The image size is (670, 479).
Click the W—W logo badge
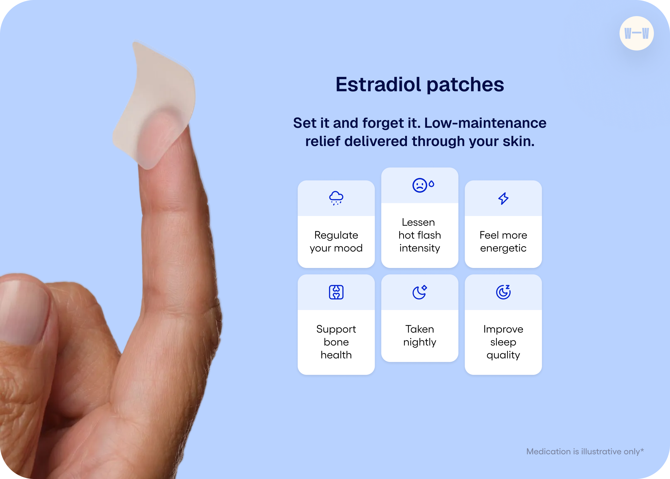(636, 33)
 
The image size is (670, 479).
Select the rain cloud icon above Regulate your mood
(336, 198)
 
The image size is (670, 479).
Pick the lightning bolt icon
(503, 198)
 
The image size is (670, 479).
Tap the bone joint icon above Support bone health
(336, 292)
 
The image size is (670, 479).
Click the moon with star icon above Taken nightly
(420, 292)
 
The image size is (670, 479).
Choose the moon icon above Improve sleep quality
(503, 292)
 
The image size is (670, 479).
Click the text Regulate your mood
(336, 242)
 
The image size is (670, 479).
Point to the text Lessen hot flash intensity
(420, 235)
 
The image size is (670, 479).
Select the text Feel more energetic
(503, 242)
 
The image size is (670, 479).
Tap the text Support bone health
(336, 342)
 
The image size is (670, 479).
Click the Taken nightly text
(420, 336)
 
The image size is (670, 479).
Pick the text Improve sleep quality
(503, 342)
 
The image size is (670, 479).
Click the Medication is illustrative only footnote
(585, 452)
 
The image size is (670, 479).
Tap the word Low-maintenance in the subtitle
(485, 123)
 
